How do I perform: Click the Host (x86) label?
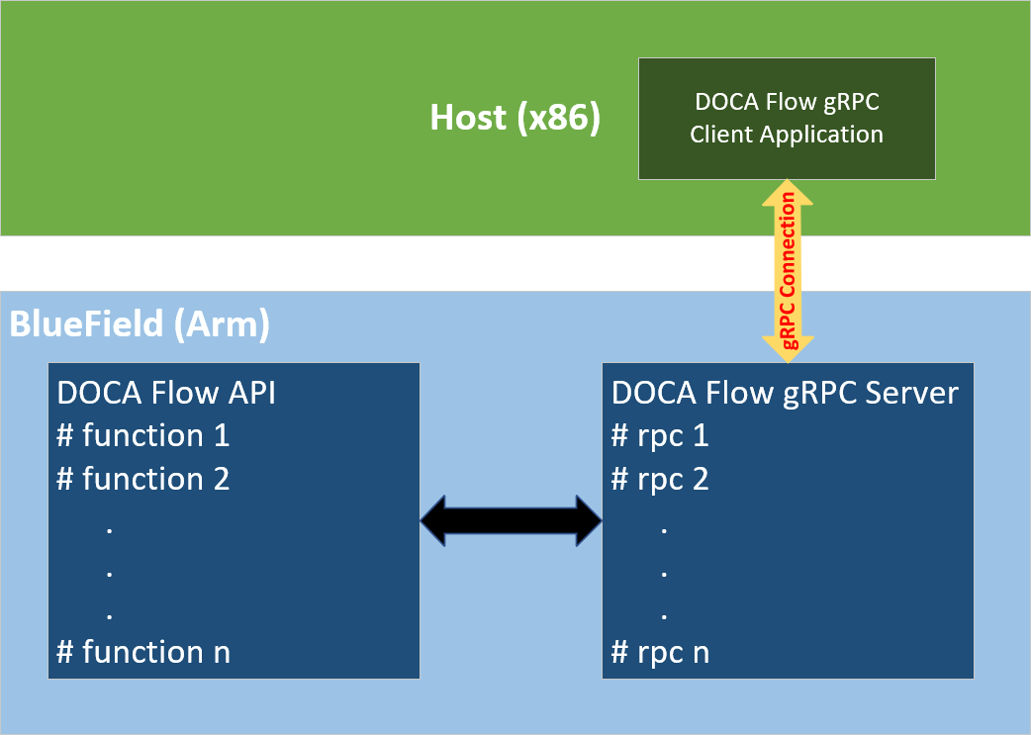[515, 118]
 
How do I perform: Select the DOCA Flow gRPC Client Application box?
[787, 118]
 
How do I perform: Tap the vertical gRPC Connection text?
[788, 270]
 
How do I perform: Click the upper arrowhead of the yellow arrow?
[788, 192]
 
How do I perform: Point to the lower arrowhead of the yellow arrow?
[788, 349]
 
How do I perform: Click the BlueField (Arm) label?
[140, 325]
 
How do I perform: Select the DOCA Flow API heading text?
[166, 393]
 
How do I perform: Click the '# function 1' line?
[143, 435]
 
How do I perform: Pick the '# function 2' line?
[143, 479]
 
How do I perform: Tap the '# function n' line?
[143, 652]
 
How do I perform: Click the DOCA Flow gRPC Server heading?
[785, 393]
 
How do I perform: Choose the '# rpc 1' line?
[660, 435]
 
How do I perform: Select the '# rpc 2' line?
[660, 479]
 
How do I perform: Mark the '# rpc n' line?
[660, 652]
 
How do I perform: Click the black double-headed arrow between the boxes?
[512, 519]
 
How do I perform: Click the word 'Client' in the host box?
[721, 135]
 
